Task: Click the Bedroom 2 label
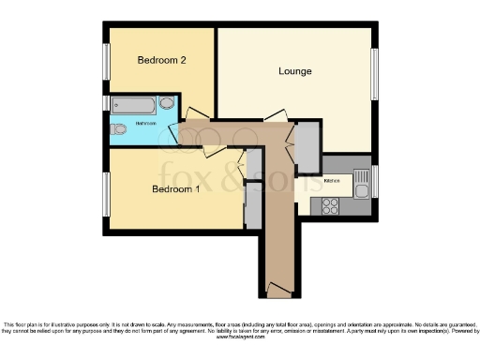coord(162,60)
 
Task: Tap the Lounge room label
coord(295,71)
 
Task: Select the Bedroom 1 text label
coord(176,189)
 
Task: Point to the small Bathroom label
coord(145,124)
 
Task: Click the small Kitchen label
coord(332,180)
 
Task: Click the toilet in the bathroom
coord(117,129)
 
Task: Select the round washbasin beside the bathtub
coord(168,104)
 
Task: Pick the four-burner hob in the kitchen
coord(330,205)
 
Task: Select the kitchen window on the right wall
coord(374,180)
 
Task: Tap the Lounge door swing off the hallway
coord(273,117)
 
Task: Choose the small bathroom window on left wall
coord(105,103)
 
